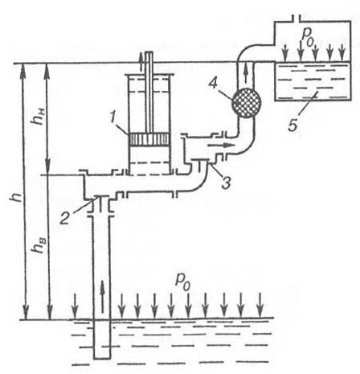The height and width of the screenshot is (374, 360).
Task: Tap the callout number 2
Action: pyautogui.click(x=64, y=218)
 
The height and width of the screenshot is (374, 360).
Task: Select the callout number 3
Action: pyautogui.click(x=226, y=183)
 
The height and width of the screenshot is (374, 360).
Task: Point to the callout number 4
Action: pyautogui.click(x=213, y=84)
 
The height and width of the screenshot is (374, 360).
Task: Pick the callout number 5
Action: pyautogui.click(x=293, y=125)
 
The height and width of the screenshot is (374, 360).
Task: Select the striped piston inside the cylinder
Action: pyautogui.click(x=149, y=140)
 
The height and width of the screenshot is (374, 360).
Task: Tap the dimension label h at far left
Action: pyautogui.click(x=13, y=199)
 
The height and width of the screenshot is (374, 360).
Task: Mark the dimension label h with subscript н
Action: pyautogui.click(x=38, y=117)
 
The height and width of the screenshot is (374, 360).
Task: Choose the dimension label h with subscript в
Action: pyautogui.click(x=38, y=245)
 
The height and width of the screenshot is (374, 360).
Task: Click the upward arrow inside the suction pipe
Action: pyautogui.click(x=102, y=296)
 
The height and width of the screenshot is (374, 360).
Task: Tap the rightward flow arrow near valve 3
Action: pyautogui.click(x=220, y=146)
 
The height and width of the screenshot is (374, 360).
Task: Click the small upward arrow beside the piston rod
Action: pyautogui.click(x=141, y=58)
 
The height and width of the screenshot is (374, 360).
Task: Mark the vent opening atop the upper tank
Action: pyautogui.click(x=296, y=18)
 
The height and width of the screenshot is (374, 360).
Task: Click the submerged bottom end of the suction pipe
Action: pyautogui.click(x=102, y=359)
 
